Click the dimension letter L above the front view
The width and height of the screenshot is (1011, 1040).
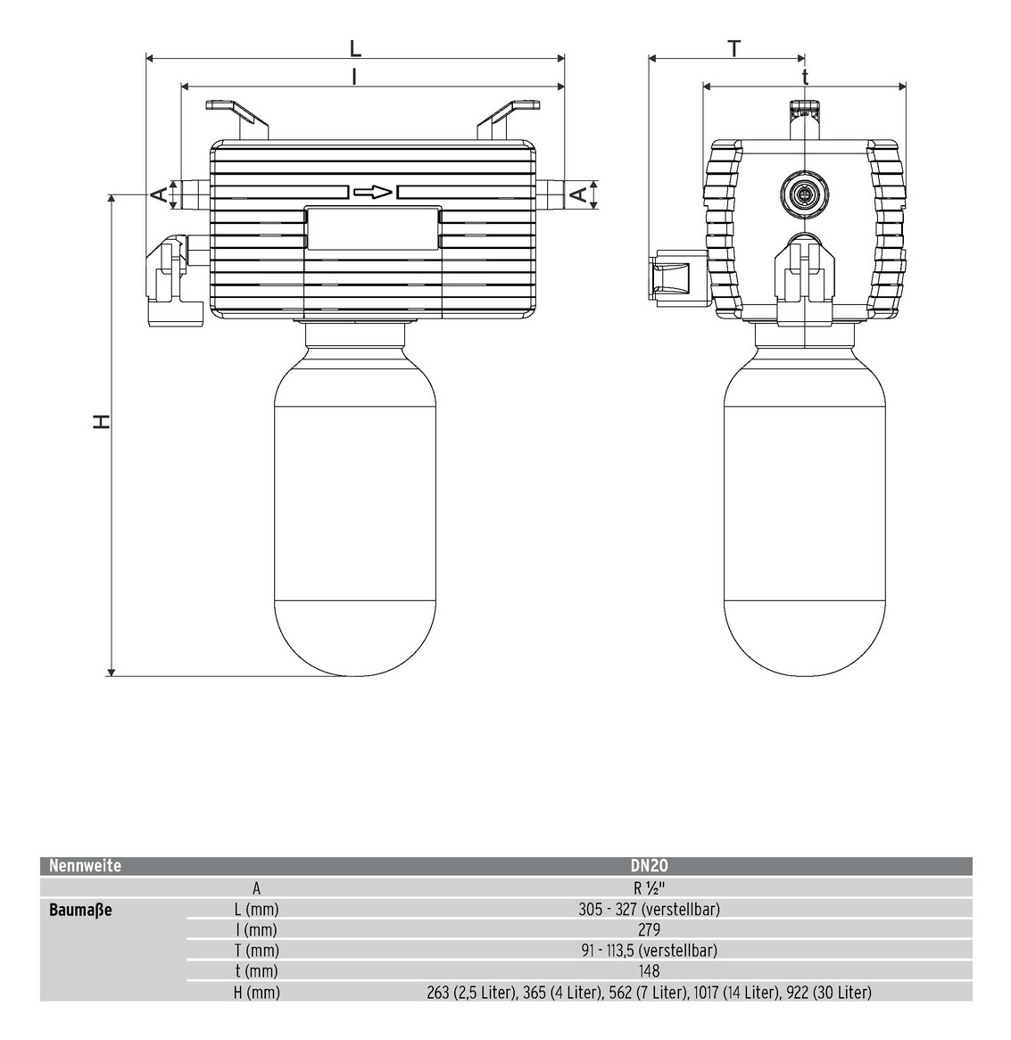point(355,48)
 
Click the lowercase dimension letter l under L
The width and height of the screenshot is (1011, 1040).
point(354,77)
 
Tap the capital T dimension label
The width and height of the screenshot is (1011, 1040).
point(734,49)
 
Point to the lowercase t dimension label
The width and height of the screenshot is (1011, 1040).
point(806,78)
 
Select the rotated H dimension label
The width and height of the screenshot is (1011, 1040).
point(102,421)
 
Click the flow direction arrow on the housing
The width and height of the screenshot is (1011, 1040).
point(373,193)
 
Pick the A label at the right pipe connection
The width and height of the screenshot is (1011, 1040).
point(578,194)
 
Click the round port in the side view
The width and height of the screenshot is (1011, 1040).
point(804,194)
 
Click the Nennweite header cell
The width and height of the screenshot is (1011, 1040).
point(85,865)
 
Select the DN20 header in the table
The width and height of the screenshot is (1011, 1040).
point(649,865)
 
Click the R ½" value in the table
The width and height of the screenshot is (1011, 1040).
point(649,888)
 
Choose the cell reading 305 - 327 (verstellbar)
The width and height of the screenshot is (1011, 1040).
point(649,909)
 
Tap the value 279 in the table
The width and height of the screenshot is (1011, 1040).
point(649,930)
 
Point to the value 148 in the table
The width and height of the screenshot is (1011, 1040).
point(649,971)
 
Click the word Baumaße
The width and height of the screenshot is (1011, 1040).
point(80,910)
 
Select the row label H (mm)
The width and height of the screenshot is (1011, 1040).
point(257,992)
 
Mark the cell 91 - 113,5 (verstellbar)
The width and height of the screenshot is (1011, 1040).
point(649,951)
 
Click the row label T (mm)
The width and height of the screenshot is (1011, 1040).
point(256,951)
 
